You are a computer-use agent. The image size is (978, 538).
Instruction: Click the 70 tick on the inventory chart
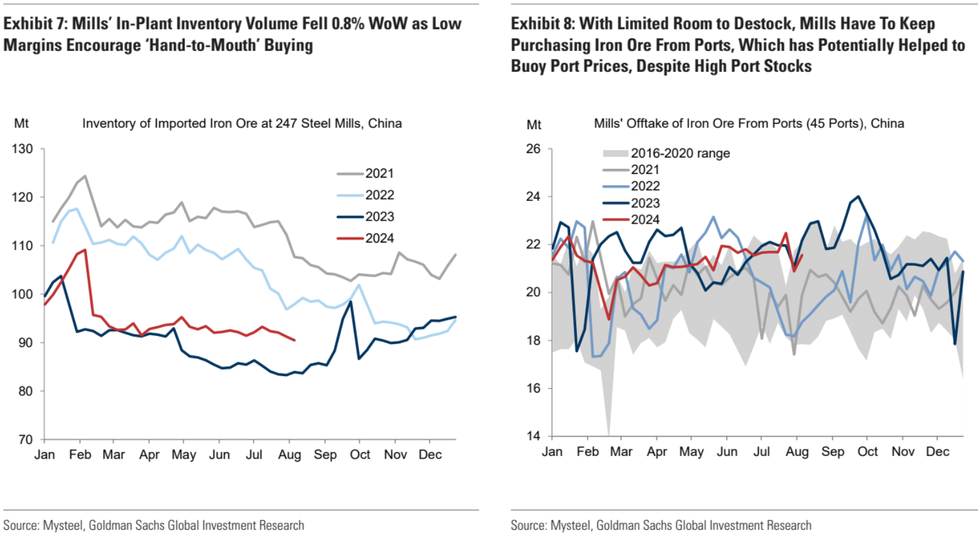[25, 440]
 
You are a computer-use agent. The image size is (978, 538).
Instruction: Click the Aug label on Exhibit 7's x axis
[289, 455]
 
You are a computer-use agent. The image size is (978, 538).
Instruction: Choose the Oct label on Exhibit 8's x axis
[868, 452]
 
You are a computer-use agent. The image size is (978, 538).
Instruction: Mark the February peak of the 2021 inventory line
[84, 176]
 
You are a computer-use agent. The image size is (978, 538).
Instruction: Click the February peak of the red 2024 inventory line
[84, 249]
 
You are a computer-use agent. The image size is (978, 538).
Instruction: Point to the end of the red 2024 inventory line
[294, 340]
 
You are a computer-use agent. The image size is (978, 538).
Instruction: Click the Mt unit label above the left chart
[21, 123]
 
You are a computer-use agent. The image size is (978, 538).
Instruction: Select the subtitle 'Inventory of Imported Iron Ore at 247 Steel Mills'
[242, 123]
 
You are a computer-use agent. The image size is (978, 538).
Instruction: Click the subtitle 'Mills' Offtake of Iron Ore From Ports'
[748, 123]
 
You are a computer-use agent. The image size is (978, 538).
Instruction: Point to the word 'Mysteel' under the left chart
[63, 525]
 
